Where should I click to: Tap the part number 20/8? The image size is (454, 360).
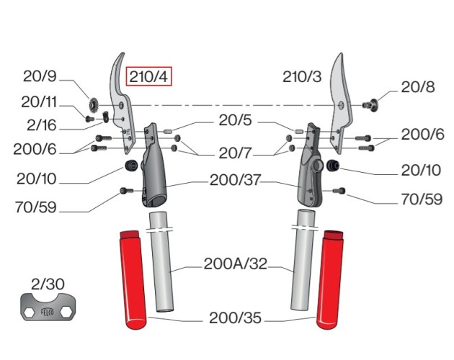coord(418,87)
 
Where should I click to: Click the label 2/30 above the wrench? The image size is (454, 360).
coord(46,284)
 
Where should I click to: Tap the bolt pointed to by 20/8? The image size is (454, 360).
coord(370,105)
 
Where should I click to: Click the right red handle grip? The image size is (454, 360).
coord(331,278)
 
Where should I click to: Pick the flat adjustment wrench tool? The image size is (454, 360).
coord(47,310)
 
